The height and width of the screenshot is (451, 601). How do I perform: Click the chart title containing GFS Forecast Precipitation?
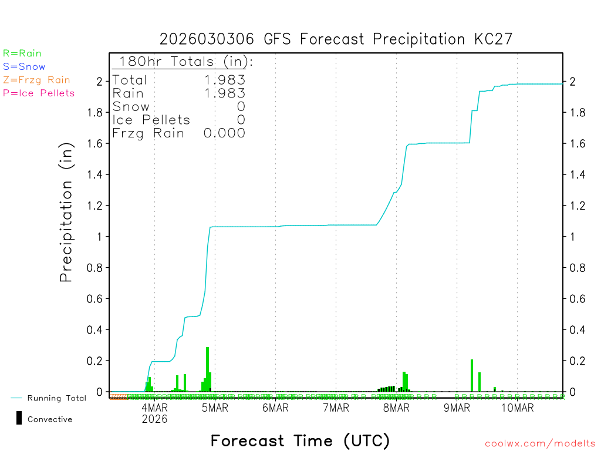pos(336,39)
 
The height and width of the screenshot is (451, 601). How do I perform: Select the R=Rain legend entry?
pos(22,53)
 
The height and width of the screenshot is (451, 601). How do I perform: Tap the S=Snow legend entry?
pos(24,67)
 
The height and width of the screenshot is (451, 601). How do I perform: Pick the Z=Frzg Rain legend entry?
pos(36,80)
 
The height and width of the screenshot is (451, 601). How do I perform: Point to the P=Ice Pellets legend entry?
pos(39,93)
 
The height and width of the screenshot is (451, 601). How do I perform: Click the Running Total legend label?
pos(56,398)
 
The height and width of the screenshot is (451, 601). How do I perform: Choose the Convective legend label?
pos(50,419)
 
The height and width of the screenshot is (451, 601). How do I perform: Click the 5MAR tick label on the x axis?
pos(215,408)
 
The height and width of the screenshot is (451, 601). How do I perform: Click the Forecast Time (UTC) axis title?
pos(300,440)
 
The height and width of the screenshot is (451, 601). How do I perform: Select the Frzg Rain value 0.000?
pos(224,133)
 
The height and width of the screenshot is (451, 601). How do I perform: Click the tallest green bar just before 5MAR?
pos(207,369)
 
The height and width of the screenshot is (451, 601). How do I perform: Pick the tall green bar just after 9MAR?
pos(472,375)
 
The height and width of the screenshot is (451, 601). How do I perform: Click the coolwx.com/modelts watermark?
pos(540,444)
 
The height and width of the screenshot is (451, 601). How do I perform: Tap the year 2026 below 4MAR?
pos(155,419)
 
